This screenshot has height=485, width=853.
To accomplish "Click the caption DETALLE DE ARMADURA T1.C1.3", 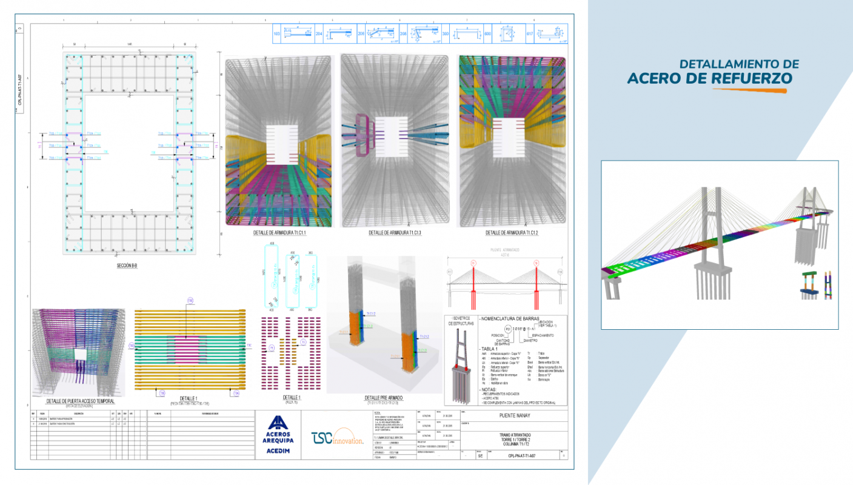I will (x=395, y=233).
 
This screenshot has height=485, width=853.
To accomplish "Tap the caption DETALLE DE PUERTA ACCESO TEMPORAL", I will (x=80, y=401).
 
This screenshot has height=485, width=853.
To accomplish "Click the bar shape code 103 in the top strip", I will (x=277, y=35).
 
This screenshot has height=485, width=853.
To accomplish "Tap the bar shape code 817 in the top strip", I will (x=529, y=35).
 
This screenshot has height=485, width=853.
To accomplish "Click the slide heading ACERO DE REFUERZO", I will (x=709, y=78).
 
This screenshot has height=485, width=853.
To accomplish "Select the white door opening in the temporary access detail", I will (x=80, y=353).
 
